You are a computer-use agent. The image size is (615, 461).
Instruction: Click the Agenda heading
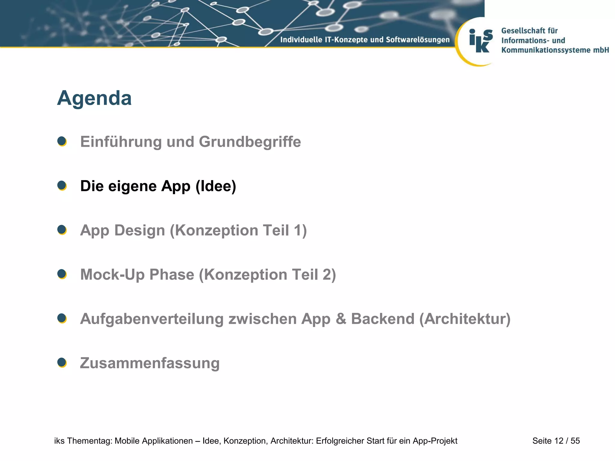(x=94, y=98)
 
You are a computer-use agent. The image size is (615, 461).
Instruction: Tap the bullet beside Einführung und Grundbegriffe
(x=62, y=141)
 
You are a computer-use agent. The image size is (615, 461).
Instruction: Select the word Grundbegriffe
(x=250, y=142)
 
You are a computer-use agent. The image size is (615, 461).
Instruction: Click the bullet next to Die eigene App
(x=62, y=185)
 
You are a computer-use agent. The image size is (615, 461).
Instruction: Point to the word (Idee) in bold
(x=216, y=186)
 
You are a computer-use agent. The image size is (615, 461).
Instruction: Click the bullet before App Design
(x=62, y=230)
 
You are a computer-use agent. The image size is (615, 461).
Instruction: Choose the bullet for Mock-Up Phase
(x=62, y=274)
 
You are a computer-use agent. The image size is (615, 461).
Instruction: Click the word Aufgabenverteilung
(x=152, y=319)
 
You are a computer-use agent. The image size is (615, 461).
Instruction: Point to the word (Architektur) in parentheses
(x=465, y=319)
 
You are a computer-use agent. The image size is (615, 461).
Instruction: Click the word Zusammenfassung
(x=150, y=363)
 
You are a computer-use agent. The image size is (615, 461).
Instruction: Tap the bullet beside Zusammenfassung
(x=62, y=363)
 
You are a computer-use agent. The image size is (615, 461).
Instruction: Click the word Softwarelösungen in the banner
(x=418, y=40)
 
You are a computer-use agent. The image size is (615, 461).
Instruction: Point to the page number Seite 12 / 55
(x=556, y=441)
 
